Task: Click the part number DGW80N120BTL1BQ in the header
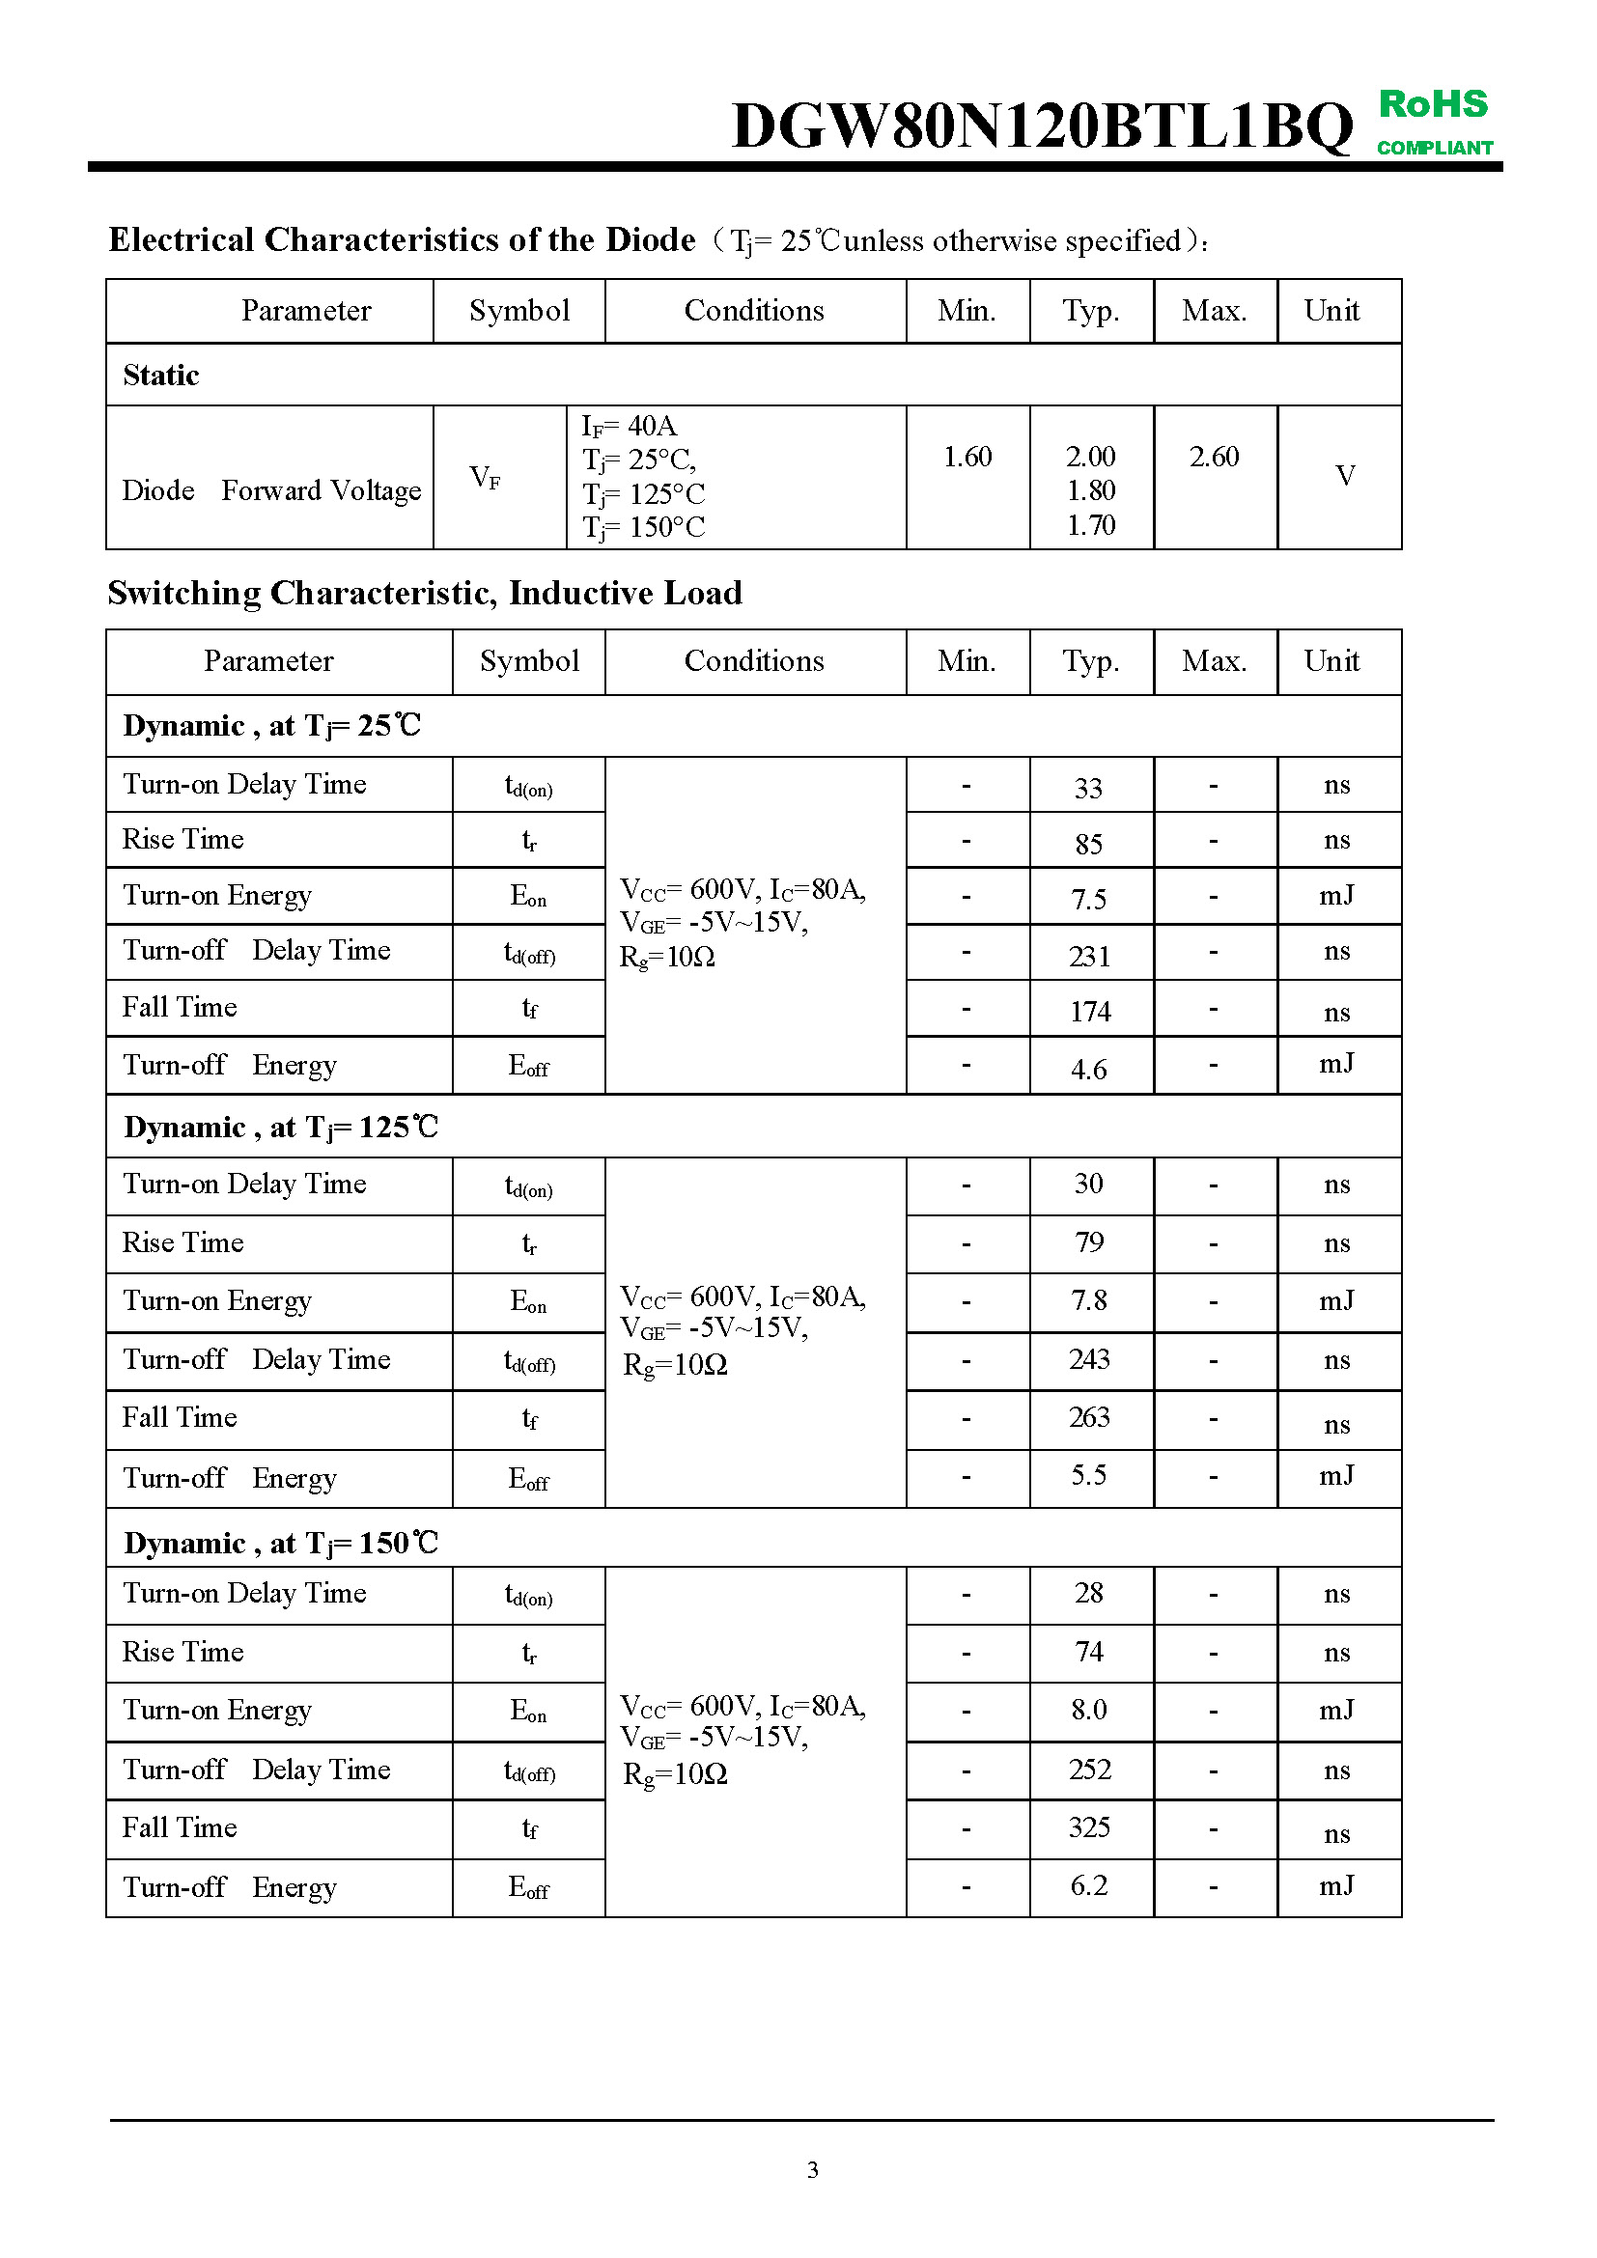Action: (1043, 125)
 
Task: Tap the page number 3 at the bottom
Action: (812, 2169)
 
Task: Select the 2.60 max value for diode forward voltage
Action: (1215, 457)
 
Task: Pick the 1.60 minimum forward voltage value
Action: (967, 457)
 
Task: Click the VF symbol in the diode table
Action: (485, 478)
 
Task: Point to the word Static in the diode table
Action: (161, 375)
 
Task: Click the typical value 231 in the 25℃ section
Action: (1089, 956)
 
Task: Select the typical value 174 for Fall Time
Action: (1089, 1012)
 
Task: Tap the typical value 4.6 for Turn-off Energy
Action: (1088, 1069)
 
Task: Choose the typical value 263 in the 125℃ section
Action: (1089, 1417)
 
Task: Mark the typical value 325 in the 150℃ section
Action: (1089, 1827)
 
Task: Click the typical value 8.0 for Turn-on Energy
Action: (1089, 1710)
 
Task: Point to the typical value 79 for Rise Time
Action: (1089, 1242)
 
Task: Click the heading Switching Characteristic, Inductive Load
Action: (425, 593)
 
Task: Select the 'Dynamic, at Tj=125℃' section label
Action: (281, 1127)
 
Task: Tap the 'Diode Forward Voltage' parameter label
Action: (271, 489)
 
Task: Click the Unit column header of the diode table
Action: (1331, 311)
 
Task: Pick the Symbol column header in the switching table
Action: (529, 661)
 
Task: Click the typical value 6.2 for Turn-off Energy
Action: (1088, 1885)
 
